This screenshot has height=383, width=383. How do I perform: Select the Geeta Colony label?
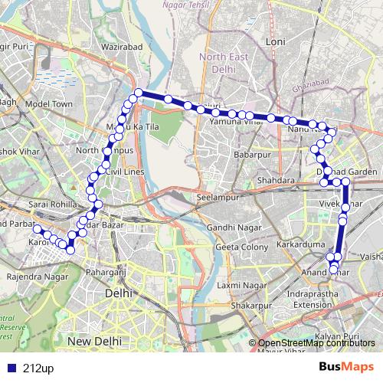coord(242,247)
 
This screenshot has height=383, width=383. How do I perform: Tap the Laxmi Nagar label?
coord(238,286)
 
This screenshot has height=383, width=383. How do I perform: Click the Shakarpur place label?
coord(252,305)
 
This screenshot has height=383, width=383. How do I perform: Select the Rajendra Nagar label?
coord(31,274)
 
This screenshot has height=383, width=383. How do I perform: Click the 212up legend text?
coord(38,368)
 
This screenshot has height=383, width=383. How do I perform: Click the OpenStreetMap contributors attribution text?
coord(316,343)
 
